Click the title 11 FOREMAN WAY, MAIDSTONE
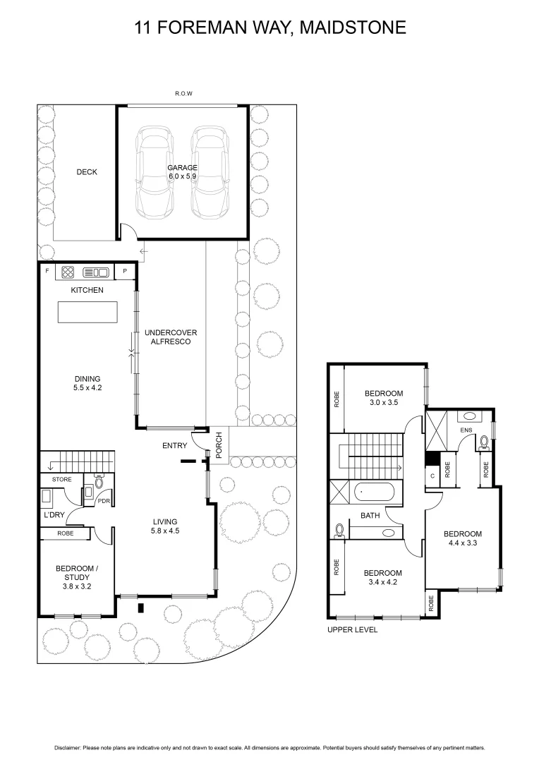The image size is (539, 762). click(269, 28)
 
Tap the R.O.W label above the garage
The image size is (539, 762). click(183, 93)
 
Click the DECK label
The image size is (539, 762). click(87, 172)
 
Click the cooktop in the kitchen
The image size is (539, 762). click(69, 271)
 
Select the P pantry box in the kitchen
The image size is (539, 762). click(125, 271)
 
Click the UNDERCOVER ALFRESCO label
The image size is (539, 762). click(170, 337)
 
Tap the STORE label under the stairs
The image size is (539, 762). click(61, 480)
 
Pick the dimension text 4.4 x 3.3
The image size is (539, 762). click(463, 543)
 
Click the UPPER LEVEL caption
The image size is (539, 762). click(352, 629)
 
